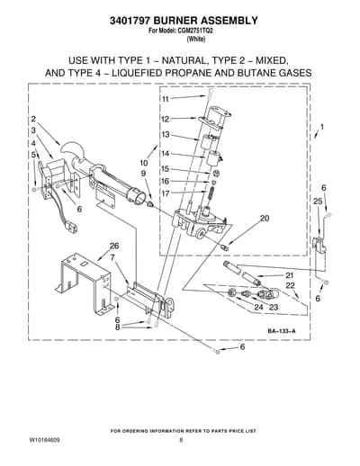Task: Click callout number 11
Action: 166,99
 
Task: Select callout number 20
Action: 265,218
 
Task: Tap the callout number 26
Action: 114,246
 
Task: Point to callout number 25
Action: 319,202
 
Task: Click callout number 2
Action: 33,119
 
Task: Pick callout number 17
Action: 166,193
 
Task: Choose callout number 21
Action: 289,275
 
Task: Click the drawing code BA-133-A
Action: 282,331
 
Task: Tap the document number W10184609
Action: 44,440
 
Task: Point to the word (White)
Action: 196,39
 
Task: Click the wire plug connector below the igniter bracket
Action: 71,228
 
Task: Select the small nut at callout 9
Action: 150,204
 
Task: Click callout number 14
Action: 166,154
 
